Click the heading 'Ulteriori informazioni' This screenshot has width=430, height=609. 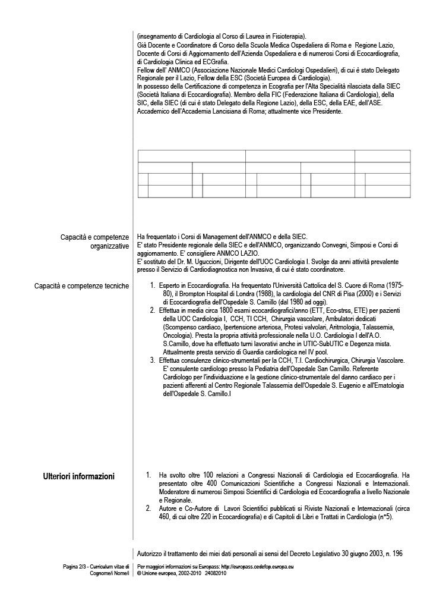pyautogui.click(x=79, y=476)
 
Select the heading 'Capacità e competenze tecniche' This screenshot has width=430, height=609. pyautogui.click(x=83, y=286)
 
